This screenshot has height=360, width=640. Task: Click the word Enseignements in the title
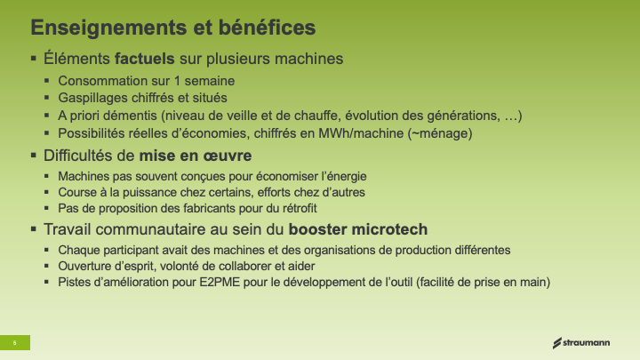pos(108,28)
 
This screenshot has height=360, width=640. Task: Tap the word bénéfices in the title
pos(267,28)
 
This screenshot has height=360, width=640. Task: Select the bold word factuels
pos(145,59)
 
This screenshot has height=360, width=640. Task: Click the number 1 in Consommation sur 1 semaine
pos(177,81)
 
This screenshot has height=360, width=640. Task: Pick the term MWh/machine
pos(361,133)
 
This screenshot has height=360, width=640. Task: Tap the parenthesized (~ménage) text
pos(440,133)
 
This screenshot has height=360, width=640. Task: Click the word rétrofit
pos(300,208)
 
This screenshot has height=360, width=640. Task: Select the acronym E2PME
pos(220,282)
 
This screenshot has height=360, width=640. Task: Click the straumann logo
pos(581,343)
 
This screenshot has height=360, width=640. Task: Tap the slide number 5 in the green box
pos(15,343)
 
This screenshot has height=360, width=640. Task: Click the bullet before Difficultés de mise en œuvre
pos(34,155)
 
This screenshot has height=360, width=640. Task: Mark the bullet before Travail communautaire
pos(34,229)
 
